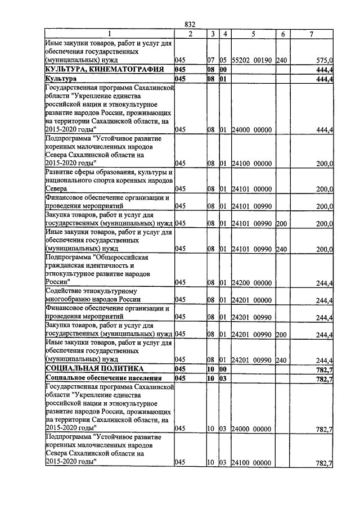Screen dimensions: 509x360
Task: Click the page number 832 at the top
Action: click(190, 24)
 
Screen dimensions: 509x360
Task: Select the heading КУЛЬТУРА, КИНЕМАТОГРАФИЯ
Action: click(105, 69)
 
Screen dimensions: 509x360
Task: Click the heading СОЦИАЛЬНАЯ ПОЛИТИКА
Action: click(97, 368)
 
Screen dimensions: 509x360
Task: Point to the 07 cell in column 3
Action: click(211, 59)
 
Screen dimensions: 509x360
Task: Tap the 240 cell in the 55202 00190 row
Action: click(282, 59)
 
